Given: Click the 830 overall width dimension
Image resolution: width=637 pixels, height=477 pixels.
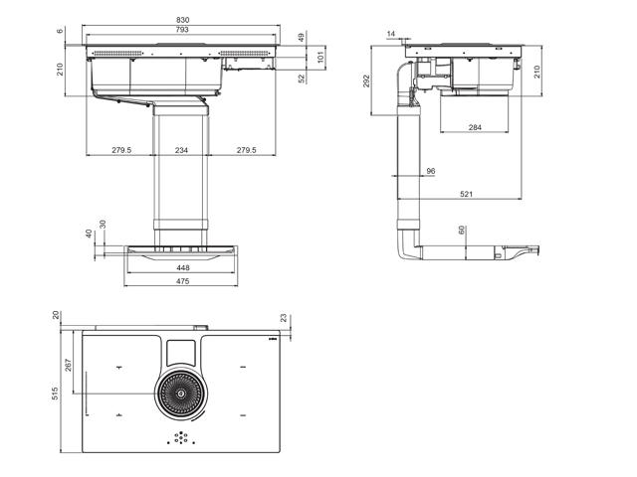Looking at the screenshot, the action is [183, 20].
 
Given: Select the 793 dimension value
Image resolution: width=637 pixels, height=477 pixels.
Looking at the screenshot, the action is [182, 29].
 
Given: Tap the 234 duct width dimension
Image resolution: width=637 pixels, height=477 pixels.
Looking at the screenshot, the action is [181, 150].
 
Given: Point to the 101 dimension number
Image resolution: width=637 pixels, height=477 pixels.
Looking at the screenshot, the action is [320, 56].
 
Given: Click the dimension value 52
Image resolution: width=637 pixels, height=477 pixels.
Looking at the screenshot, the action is [302, 79].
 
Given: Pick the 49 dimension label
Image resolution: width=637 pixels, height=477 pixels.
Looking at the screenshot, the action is [301, 38].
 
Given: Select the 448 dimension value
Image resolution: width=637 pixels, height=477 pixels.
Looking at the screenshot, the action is [183, 267].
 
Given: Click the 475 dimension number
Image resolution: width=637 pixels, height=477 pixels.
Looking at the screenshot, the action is [183, 281].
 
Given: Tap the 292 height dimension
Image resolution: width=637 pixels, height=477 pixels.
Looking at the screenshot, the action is [366, 80].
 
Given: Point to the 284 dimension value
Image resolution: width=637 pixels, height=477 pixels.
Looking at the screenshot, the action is [475, 127].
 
